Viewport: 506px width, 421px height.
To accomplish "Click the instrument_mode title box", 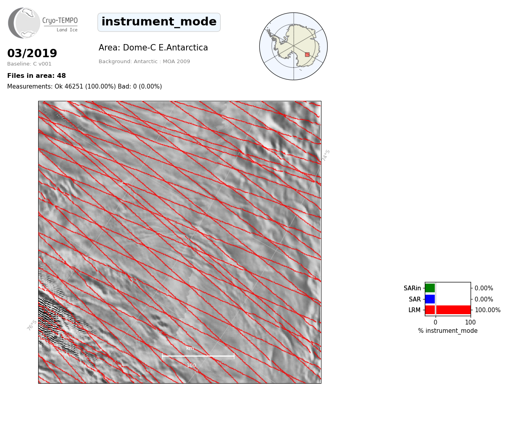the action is pyautogui.click(x=159, y=22).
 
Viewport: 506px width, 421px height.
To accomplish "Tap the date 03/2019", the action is pyautogui.click(x=32, y=53).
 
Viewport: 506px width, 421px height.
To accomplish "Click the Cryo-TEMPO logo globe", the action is pyautogui.click(x=24, y=23).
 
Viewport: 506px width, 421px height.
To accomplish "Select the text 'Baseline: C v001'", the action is pyautogui.click(x=29, y=64).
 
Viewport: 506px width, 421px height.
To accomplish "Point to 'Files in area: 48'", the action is pyautogui.click(x=36, y=76).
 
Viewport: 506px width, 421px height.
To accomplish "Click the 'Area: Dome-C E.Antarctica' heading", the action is pyautogui.click(x=153, y=48).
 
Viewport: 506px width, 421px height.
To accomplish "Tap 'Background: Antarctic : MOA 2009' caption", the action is pyautogui.click(x=144, y=62).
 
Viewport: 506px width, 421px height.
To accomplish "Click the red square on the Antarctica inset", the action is pyautogui.click(x=307, y=55).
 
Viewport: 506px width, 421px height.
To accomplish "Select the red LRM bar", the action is pyautogui.click(x=448, y=310).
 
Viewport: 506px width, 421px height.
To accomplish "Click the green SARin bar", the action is pyautogui.click(x=430, y=288).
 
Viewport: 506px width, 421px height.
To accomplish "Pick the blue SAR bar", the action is pyautogui.click(x=430, y=299).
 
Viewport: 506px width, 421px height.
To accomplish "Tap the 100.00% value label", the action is pyautogui.click(x=488, y=310).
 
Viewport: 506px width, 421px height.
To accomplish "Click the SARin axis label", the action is pyautogui.click(x=412, y=288).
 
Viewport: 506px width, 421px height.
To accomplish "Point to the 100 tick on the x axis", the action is pyautogui.click(x=470, y=322).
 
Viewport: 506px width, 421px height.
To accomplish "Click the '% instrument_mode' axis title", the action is pyautogui.click(x=448, y=331).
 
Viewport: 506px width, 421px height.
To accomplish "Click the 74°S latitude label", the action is pyautogui.click(x=326, y=155).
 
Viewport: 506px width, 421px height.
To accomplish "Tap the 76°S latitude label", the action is pyautogui.click(x=32, y=325).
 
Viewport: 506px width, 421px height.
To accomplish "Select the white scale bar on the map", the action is pyautogui.click(x=198, y=356).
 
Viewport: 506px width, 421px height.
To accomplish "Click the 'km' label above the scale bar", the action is pyautogui.click(x=190, y=348).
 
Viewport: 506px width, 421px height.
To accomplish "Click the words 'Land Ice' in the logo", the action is pyautogui.click(x=67, y=30).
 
